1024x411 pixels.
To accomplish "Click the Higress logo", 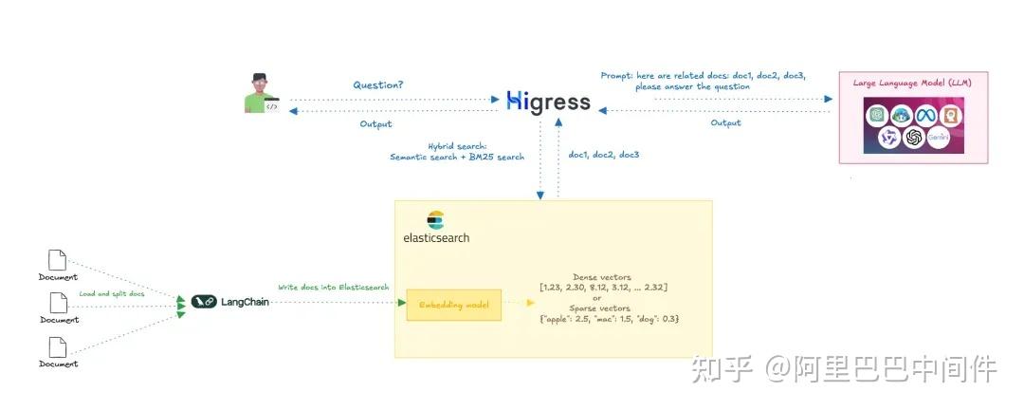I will pos(548,101).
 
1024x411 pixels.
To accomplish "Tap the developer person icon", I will pos(260,93).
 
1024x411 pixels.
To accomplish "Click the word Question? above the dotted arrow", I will pos(377,84).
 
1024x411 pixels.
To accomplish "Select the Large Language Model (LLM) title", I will pos(912,84).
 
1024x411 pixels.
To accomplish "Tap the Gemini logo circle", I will pos(939,139).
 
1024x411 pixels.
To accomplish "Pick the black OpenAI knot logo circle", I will pos(914,139).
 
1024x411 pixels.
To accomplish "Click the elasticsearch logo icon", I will pos(435,220).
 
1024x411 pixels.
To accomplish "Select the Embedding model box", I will pos(453,304).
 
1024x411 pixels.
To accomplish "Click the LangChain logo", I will pos(229,302).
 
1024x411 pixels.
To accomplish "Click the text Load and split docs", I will pos(113,294).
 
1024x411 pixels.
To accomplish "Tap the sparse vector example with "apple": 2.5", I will pos(609,318).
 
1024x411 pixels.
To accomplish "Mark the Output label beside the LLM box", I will pos(725,123).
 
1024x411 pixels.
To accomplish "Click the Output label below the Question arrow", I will pos(375,124).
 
